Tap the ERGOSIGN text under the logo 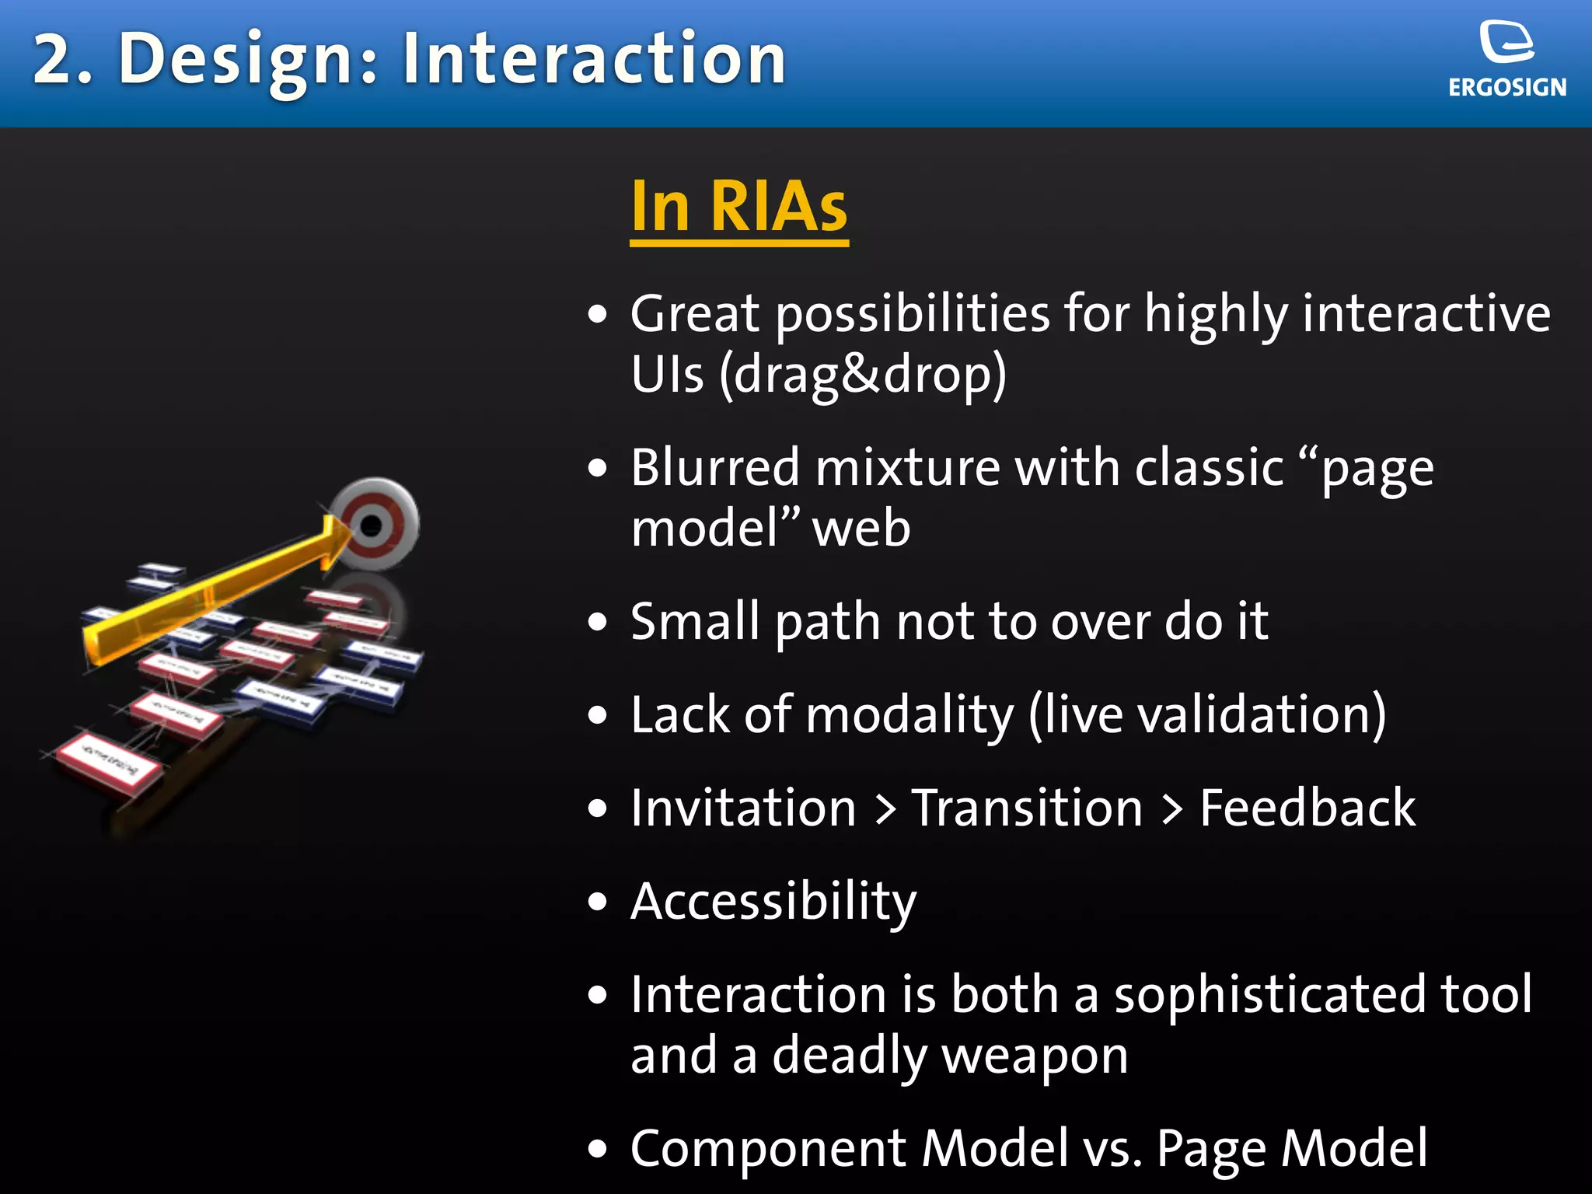point(1506,87)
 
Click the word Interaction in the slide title point(594,59)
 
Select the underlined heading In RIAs point(738,207)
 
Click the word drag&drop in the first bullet point(863,375)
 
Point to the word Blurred point(714,468)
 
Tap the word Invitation point(743,808)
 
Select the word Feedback point(1307,808)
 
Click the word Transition point(1027,808)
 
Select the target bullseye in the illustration point(372,525)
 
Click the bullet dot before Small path point(597,623)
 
